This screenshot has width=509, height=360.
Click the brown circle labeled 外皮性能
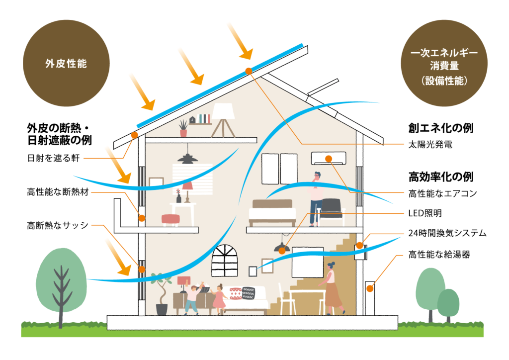coord(66,64)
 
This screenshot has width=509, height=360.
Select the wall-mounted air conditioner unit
coord(329,158)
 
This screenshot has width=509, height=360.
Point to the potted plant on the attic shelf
coord(183,128)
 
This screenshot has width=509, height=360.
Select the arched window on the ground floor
coord(225,261)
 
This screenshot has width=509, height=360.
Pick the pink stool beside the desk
coord(170,219)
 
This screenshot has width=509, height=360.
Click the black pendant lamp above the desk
coord(187,158)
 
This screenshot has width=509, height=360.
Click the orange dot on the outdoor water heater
coord(369,288)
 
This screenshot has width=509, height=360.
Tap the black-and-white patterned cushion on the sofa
coord(249,293)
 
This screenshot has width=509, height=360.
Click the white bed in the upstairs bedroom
coord(272,213)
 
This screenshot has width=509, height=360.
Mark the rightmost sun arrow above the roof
coord(237,35)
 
